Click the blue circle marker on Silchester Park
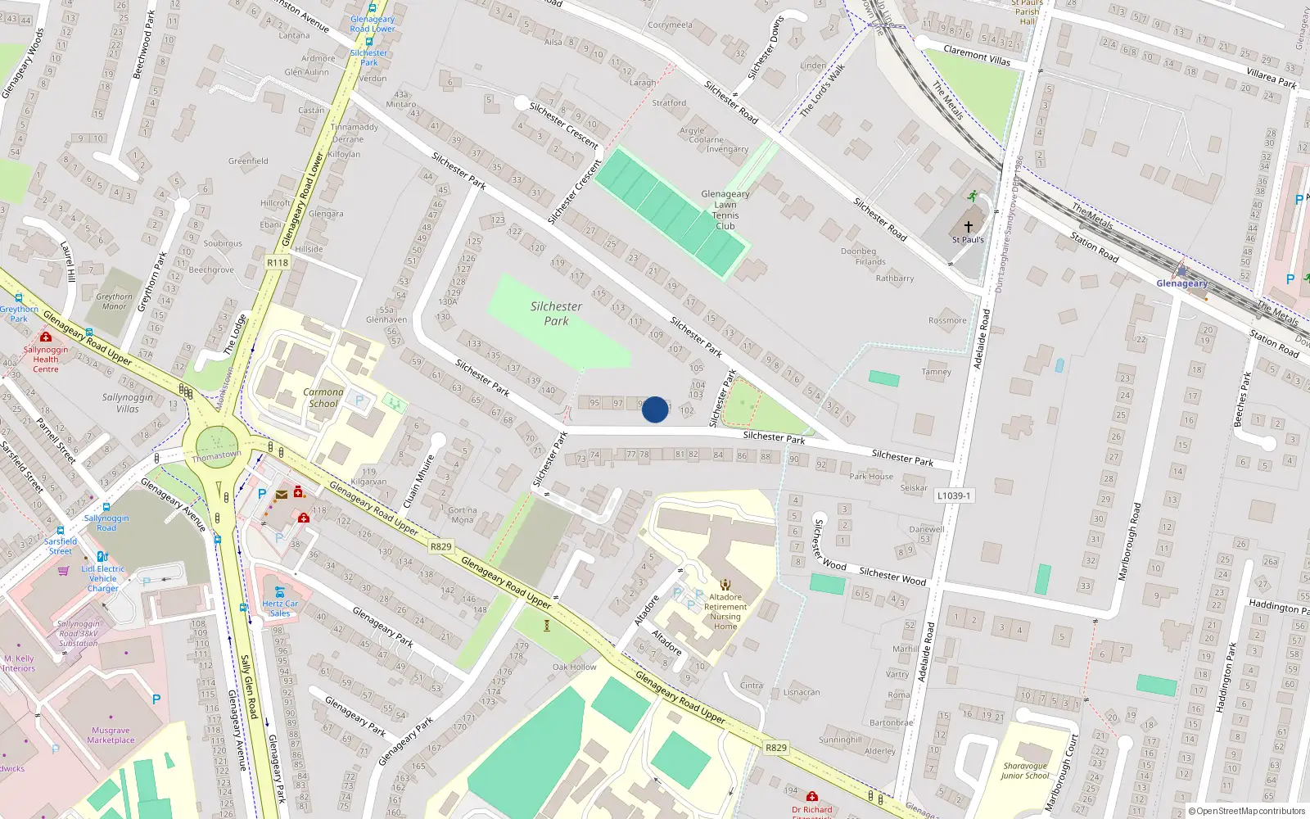click(654, 409)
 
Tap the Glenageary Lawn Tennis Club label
click(725, 210)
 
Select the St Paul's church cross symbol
click(968, 227)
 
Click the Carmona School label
click(323, 397)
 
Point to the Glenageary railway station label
click(1181, 283)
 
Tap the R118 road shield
click(278, 263)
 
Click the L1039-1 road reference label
click(954, 495)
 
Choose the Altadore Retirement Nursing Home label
click(725, 612)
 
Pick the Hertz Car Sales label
click(280, 608)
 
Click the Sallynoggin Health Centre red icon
click(46, 337)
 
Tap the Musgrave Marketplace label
click(111, 735)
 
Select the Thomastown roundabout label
click(216, 455)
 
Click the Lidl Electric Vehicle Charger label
click(103, 578)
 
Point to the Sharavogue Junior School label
click(1024, 771)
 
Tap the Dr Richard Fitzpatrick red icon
click(811, 796)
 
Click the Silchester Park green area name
click(556, 313)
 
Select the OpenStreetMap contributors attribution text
click(1247, 811)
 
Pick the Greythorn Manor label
click(114, 301)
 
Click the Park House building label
click(871, 476)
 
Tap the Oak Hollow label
click(574, 667)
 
